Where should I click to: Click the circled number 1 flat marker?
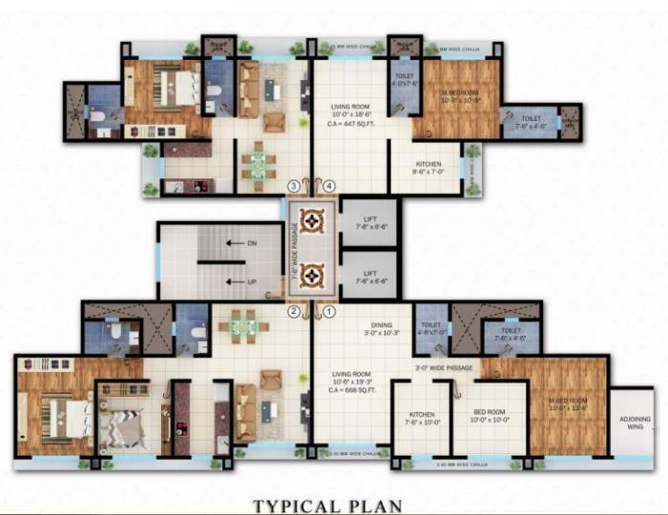click(329, 311)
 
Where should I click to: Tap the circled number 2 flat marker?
click(294, 311)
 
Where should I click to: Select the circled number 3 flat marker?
click(294, 184)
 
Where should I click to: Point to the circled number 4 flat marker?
click(329, 184)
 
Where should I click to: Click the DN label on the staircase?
click(252, 243)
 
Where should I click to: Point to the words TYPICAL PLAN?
click(326, 505)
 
